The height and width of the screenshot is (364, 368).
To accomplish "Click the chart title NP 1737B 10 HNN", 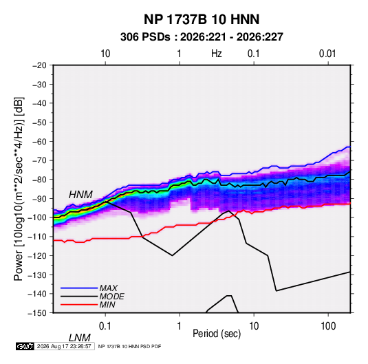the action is point(202,19).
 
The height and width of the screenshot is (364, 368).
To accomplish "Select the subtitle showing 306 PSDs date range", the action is point(202,37).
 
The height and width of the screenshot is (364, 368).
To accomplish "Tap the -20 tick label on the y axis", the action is point(39,65).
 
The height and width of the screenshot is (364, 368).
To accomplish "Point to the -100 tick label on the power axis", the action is point(37,217).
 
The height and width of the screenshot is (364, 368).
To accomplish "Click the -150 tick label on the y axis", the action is point(37,313).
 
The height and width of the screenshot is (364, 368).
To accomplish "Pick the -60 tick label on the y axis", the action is point(39,141).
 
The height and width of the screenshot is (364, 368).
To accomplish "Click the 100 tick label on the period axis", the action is point(328,326).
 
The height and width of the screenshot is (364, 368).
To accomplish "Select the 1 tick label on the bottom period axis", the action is point(179,326).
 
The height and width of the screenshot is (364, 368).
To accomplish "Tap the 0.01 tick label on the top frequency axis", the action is point(327,54).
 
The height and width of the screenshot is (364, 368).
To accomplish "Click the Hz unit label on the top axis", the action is point(217,54).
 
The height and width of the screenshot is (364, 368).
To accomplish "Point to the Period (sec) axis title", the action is point(217,334).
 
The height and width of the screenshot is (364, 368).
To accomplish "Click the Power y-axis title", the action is point(19,189).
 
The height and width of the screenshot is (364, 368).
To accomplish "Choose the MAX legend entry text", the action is point(109,288).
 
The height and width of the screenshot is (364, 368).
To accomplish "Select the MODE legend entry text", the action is point(111,297).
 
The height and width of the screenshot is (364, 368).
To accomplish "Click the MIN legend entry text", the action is point(107,305).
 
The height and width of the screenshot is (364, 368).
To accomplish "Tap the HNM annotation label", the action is point(80,195).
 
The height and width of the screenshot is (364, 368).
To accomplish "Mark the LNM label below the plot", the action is point(79,338).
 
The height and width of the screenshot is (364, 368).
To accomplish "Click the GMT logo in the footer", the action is point(25,346).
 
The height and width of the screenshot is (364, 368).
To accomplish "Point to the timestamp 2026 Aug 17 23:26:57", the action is point(64,346).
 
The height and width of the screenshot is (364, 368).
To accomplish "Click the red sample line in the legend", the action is point(79,305).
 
